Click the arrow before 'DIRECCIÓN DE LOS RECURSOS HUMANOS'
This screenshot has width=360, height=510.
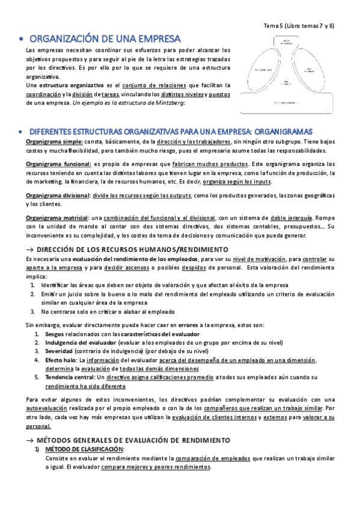(x=30, y=249)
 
